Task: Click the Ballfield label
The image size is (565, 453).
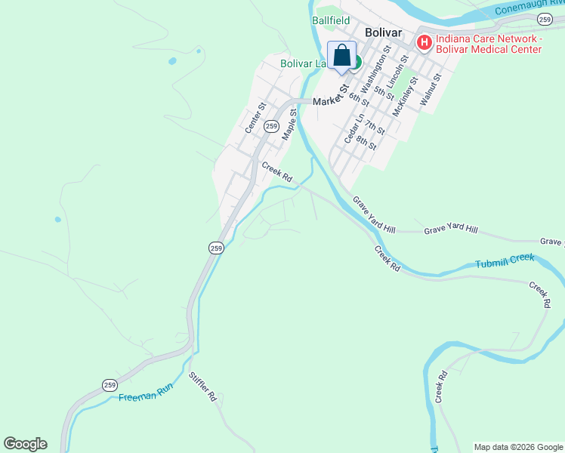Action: (332, 21)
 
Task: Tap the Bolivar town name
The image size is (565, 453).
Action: (381, 32)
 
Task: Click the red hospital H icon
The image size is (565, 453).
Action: (424, 43)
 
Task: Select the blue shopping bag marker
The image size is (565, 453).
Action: (342, 56)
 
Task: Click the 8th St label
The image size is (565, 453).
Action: (366, 141)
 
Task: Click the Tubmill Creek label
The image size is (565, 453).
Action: (505, 261)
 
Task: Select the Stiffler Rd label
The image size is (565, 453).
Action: (202, 386)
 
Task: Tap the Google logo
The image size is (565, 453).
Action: (25, 444)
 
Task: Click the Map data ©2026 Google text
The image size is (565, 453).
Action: (517, 447)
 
